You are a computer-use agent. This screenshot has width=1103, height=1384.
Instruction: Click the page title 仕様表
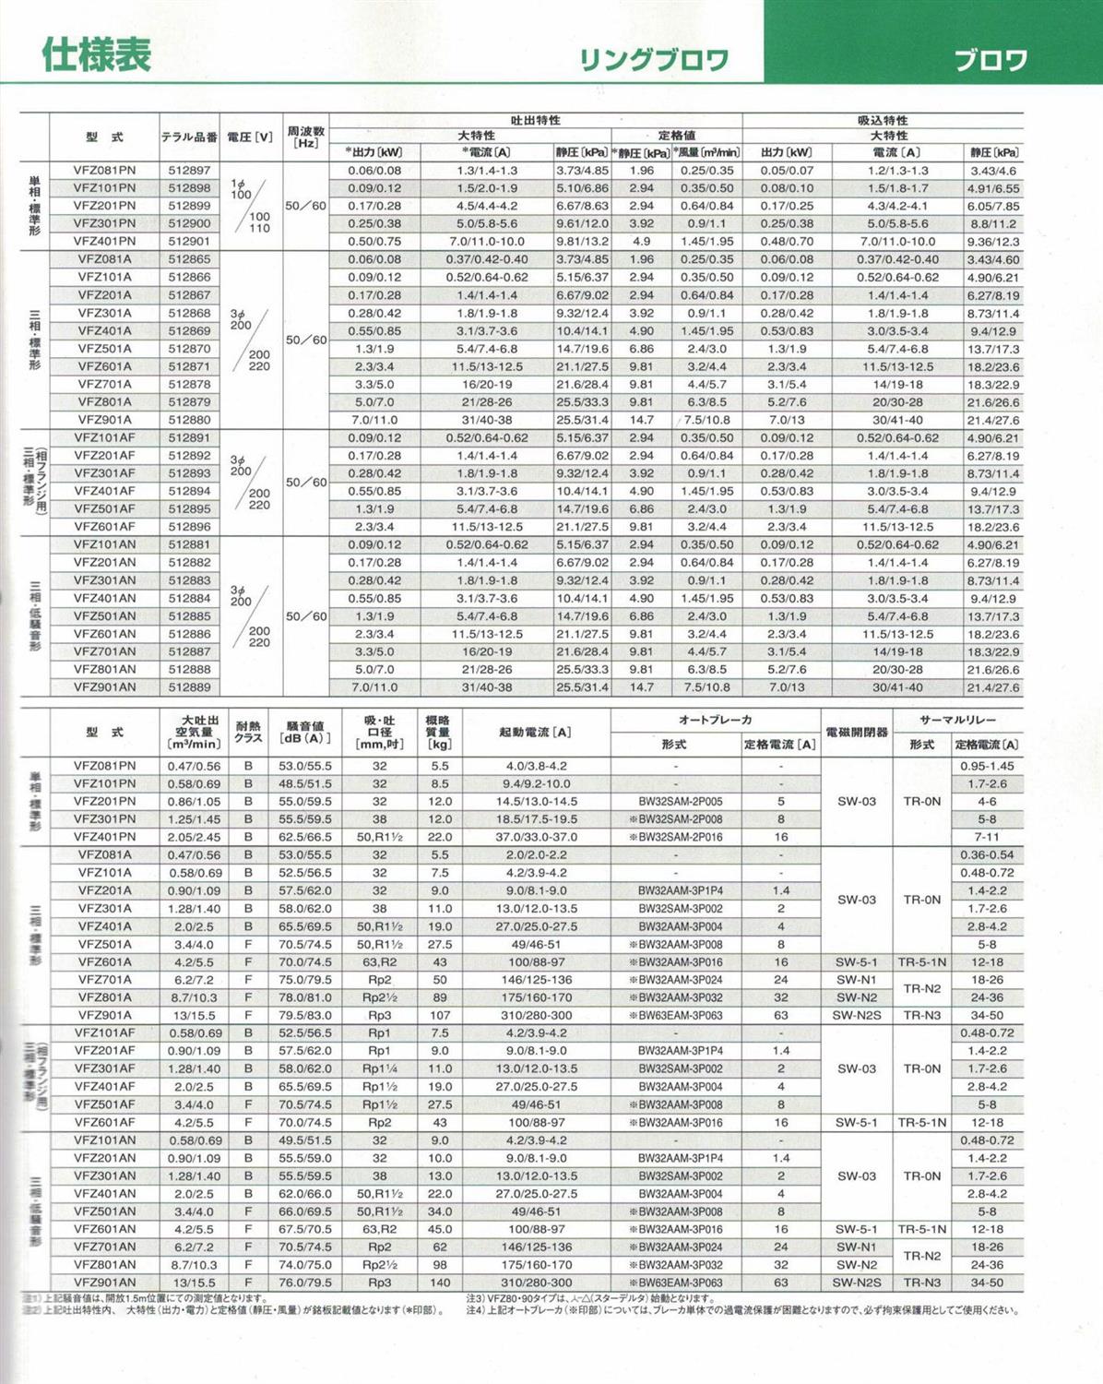(96, 55)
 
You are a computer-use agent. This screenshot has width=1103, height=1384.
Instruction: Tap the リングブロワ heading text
(653, 61)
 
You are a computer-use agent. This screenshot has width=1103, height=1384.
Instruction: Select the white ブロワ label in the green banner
(990, 61)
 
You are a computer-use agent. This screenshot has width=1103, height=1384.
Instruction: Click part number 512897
(189, 171)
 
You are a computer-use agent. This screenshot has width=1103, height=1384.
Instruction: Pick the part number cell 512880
(189, 420)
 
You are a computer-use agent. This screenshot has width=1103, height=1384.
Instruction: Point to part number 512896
(189, 527)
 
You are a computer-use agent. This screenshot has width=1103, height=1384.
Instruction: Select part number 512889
(189, 687)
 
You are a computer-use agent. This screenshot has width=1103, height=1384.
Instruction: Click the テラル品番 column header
(189, 137)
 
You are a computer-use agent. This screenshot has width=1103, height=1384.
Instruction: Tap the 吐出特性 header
(535, 120)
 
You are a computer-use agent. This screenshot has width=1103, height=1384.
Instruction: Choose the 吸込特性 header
(883, 120)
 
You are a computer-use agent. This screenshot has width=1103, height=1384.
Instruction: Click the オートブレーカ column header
(715, 720)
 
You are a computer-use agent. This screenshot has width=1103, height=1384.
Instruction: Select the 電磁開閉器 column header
(856, 732)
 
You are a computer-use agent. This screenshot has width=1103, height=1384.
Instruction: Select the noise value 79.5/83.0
(304, 1015)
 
